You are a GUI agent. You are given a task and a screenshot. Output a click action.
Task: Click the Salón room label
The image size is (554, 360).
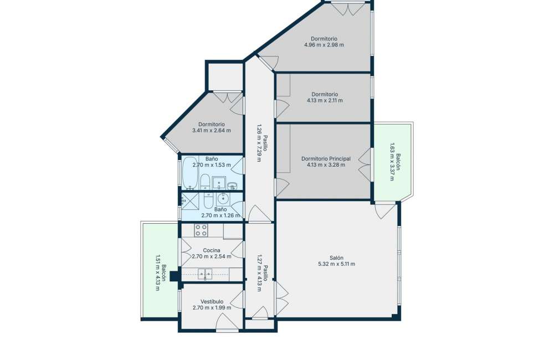point(336,258)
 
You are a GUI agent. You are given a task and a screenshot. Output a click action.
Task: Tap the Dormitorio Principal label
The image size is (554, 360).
point(326,158)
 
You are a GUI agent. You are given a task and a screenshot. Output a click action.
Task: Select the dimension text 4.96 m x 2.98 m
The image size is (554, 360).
point(324,45)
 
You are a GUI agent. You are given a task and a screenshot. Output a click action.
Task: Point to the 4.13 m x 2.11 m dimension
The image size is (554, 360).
point(325,100)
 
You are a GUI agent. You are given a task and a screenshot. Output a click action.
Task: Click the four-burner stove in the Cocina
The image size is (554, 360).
point(201,230)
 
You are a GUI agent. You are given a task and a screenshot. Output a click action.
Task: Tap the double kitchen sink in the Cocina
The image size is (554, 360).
point(205,274)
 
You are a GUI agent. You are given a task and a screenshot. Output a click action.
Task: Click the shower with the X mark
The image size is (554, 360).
point(190,202)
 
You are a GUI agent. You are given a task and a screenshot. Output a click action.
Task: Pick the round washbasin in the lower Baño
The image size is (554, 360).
point(223,199)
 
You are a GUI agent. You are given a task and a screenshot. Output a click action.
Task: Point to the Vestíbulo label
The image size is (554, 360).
point(212,302)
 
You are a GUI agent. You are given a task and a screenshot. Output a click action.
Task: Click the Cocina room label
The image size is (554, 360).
point(211,250)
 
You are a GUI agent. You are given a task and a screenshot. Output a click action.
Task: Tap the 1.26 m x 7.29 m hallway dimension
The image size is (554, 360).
point(259,143)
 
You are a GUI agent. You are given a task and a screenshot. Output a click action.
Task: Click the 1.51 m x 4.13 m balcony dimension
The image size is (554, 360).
point(157,272)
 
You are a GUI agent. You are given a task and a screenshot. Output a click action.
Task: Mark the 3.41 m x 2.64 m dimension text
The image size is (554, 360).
point(212,130)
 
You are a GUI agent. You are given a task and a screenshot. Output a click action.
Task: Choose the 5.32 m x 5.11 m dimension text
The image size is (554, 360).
point(337,264)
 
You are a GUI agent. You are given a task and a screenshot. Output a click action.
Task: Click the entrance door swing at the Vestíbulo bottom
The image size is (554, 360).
point(227,322)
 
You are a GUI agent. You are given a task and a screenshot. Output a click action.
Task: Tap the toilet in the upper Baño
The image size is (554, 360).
point(205,182)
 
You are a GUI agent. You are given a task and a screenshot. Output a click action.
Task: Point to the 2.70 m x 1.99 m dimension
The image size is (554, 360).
point(212,308)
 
